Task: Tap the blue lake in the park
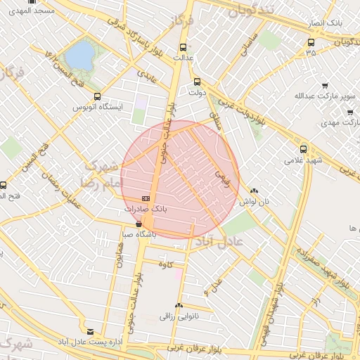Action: tap(79, 56)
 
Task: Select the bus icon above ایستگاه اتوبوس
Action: tap(97, 96)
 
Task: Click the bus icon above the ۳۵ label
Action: tap(311, 42)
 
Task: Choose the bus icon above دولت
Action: tap(197, 80)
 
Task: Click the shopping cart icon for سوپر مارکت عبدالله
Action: tap(325, 84)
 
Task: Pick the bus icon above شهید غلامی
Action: tap(303, 148)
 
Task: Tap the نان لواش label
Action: tap(255, 201)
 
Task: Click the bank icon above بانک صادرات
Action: tap(146, 198)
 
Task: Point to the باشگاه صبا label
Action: tap(139, 234)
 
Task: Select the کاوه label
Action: tap(166, 264)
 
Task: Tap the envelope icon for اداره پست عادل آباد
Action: tap(89, 331)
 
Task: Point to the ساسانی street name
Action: tap(250, 44)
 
